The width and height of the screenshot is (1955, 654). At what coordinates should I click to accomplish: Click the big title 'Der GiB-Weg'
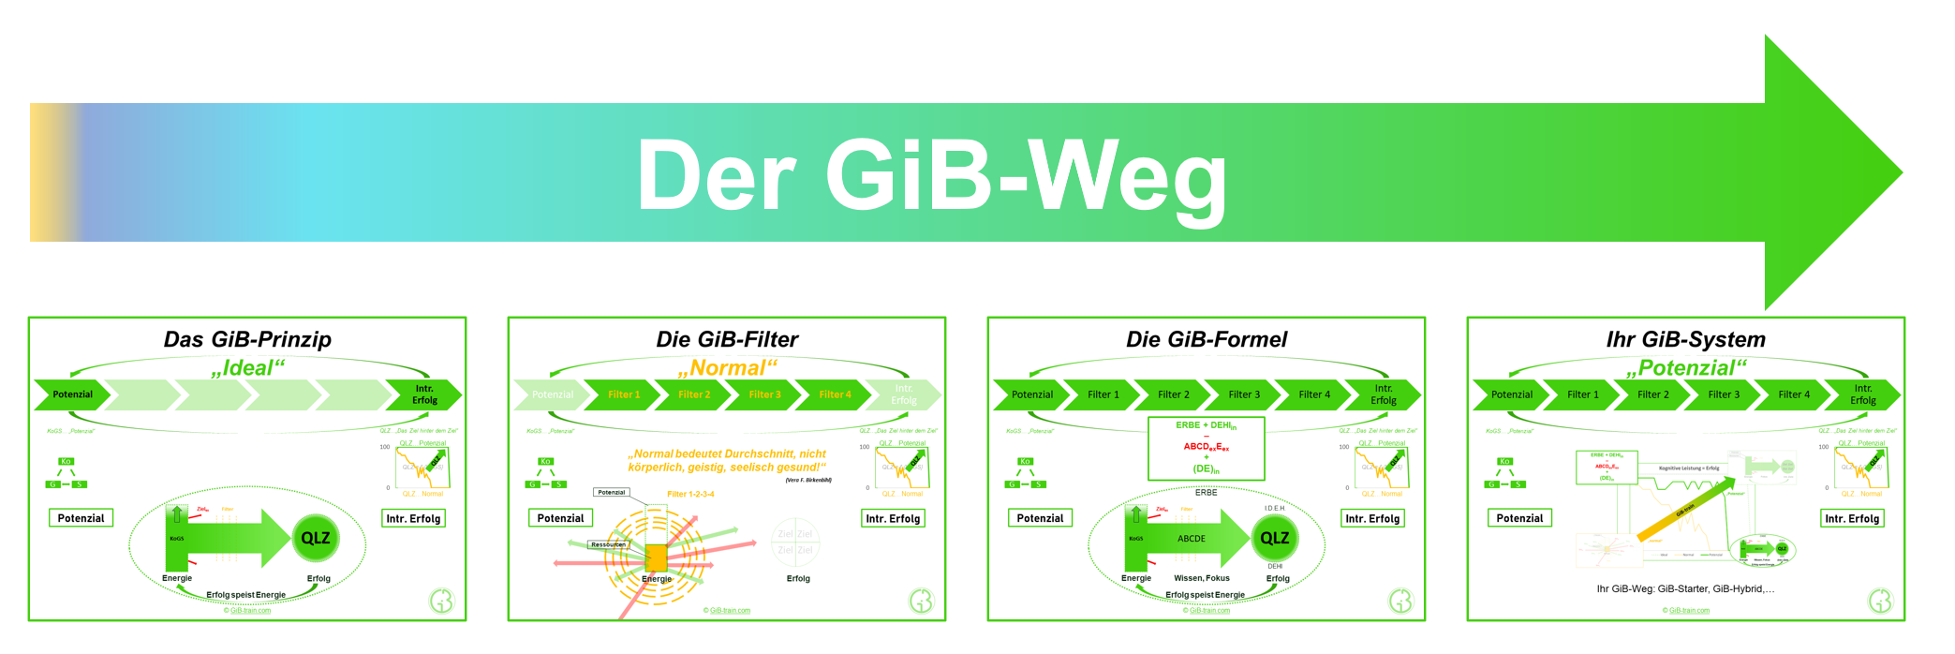(931, 175)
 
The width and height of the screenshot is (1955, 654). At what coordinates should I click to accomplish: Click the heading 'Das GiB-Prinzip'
(247, 339)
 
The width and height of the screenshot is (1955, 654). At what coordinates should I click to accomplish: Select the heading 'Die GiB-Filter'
(727, 339)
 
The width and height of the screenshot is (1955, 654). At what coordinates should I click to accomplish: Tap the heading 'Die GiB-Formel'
(1207, 339)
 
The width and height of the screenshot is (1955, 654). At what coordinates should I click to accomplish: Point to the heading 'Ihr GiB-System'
(1685, 339)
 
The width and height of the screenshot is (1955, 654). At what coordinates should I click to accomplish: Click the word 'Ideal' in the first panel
(247, 368)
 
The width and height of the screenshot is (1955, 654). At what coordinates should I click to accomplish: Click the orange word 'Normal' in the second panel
(727, 368)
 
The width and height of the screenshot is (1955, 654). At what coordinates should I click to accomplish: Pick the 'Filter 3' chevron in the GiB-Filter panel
(764, 394)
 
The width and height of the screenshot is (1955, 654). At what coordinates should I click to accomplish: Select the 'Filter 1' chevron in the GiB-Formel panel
(1103, 394)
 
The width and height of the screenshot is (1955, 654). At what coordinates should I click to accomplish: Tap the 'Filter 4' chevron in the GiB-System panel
(1794, 394)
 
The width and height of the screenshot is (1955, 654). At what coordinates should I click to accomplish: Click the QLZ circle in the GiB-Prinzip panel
(316, 538)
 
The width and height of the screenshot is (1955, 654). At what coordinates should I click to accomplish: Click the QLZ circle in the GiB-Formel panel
(1275, 538)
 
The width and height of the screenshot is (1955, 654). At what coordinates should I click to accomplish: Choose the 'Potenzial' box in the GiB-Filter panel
(560, 518)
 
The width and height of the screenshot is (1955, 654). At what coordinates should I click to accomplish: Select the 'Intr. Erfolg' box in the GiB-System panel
(1852, 518)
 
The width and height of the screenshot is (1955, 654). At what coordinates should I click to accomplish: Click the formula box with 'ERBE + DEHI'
(1207, 448)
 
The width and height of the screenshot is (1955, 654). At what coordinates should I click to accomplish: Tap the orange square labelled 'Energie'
(656, 558)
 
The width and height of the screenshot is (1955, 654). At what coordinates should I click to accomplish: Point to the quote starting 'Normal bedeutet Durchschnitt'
(727, 460)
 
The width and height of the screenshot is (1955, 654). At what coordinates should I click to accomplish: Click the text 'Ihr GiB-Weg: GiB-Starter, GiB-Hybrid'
(1685, 589)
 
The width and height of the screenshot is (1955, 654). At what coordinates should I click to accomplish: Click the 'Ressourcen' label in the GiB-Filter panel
(608, 544)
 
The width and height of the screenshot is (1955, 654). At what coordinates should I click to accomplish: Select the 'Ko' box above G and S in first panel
(66, 461)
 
